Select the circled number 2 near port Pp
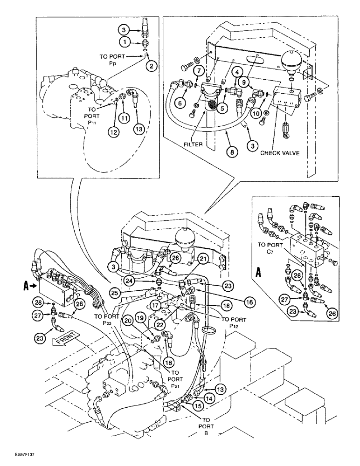pos(151,66)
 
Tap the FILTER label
pos(193,144)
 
